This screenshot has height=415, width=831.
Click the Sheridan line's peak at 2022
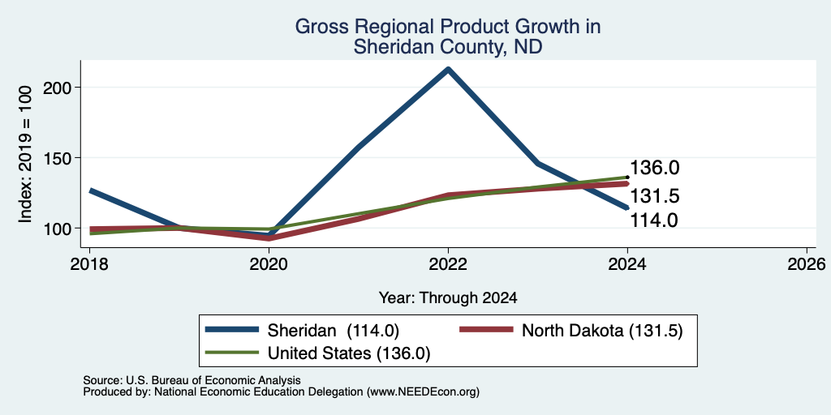click(x=448, y=69)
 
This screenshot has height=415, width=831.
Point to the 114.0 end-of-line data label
click(x=654, y=220)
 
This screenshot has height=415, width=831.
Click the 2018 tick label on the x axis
click(x=89, y=263)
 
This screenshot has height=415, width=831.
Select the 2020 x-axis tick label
click(x=269, y=263)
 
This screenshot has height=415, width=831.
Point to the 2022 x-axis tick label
click(x=448, y=263)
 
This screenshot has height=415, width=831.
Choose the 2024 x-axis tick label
click(x=627, y=263)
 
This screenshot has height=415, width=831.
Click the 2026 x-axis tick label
click(x=807, y=263)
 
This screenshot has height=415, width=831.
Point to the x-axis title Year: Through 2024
click(x=448, y=298)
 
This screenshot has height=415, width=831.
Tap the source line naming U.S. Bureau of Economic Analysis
click(x=192, y=381)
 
